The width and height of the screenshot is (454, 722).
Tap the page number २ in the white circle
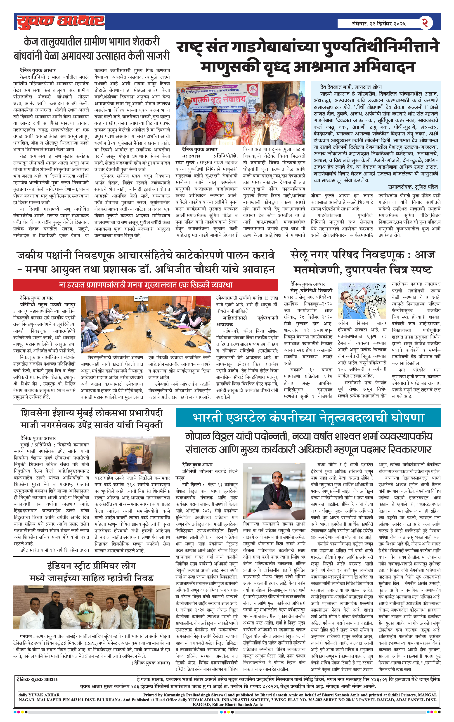point(425,23)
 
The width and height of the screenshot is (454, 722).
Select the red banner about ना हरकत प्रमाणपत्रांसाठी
point(146,285)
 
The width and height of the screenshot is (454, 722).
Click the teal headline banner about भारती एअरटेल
point(308,417)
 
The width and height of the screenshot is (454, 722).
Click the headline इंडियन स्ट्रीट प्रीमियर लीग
point(92,566)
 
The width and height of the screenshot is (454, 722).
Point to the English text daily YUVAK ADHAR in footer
point(39,695)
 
